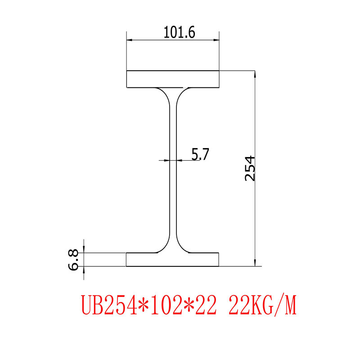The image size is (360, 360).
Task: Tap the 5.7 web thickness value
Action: click(200, 154)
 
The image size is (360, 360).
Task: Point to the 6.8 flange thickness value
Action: click(73, 260)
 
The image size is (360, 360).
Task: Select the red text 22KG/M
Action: click(263, 306)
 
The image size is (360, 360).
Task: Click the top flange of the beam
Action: click(173, 79)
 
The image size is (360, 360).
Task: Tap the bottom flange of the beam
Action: click(173, 260)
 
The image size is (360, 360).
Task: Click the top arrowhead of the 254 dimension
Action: click(255, 75)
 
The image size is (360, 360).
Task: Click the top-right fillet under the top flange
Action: click(181, 92)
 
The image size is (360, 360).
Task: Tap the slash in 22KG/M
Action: click(281, 306)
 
